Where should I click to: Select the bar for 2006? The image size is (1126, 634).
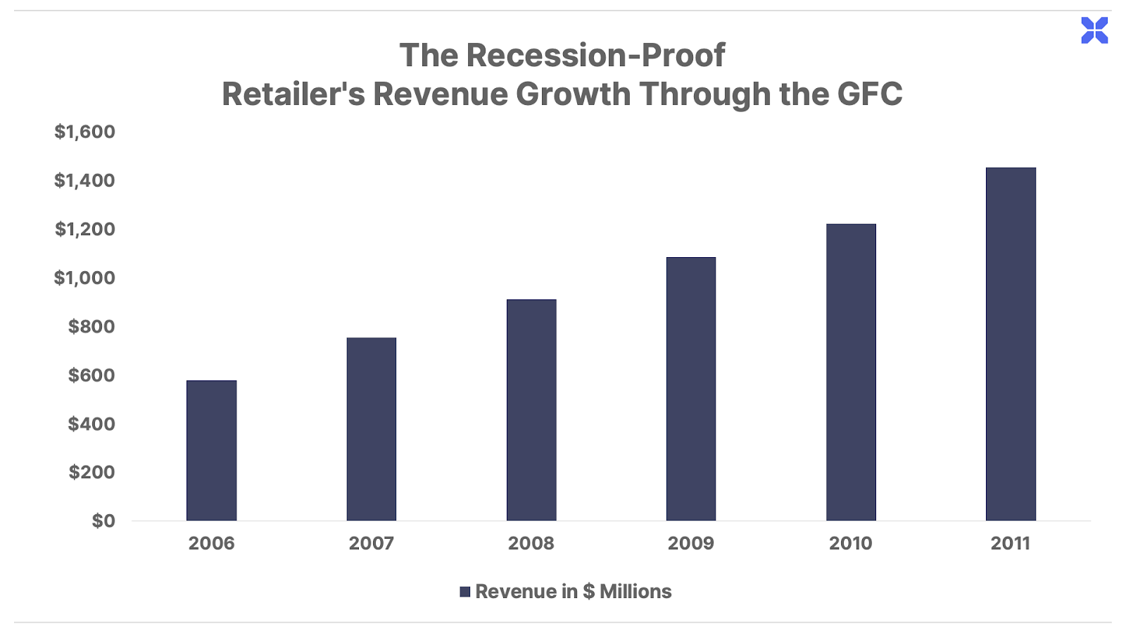click(x=211, y=451)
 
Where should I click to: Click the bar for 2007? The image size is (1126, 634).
click(x=371, y=429)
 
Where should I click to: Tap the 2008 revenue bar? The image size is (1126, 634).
click(x=531, y=410)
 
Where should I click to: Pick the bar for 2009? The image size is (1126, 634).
click(x=691, y=389)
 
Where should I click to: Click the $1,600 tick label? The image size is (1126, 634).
click(x=84, y=132)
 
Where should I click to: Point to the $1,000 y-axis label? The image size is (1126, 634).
click(x=84, y=278)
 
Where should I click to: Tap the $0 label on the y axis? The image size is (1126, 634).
click(x=103, y=521)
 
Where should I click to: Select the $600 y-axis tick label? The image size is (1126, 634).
click(x=91, y=375)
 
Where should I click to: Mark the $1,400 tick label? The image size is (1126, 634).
click(x=84, y=180)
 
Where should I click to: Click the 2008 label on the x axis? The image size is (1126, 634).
click(x=531, y=543)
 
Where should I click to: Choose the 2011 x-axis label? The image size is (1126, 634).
click(x=1011, y=543)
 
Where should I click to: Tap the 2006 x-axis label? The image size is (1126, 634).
click(x=211, y=543)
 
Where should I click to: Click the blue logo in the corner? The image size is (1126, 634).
click(x=1094, y=30)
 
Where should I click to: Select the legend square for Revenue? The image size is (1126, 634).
click(x=464, y=592)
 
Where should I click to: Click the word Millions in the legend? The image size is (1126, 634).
click(x=635, y=592)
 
